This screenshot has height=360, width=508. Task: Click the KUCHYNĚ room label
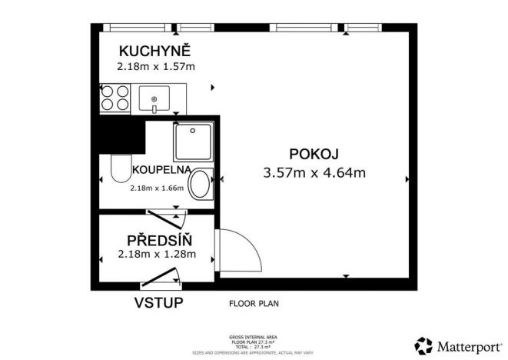point(154,52)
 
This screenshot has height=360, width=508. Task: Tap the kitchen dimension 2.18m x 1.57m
point(155,66)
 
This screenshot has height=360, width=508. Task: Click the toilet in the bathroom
point(120,169)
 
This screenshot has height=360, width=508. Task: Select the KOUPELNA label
point(161,169)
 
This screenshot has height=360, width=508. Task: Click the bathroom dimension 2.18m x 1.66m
point(159,188)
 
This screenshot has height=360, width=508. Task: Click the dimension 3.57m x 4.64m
point(314,172)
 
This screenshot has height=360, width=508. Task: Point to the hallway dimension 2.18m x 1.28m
point(156,254)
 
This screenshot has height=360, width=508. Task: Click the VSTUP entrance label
point(159,302)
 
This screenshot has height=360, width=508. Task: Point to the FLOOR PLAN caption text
point(254,303)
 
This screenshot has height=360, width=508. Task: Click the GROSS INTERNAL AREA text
point(253,337)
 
